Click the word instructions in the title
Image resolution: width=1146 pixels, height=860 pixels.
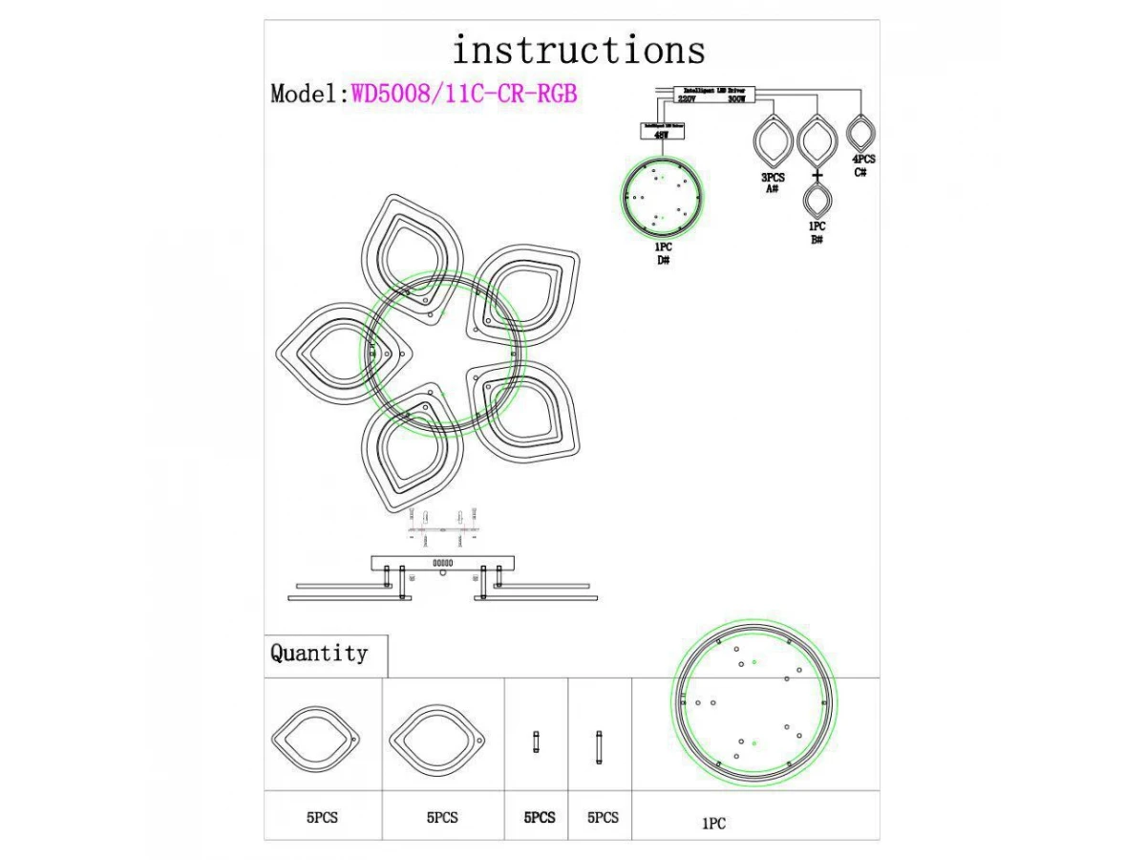coord(579,50)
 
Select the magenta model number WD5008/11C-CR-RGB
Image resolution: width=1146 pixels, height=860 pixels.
coord(464,94)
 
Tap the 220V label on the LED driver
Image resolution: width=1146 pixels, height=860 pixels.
coord(687,98)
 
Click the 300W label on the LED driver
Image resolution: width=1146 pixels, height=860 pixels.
coord(736,98)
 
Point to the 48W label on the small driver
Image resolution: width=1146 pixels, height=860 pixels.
coord(661,136)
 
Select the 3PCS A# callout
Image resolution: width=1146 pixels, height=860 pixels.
coord(773,183)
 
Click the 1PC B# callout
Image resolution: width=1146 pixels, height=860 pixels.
coord(817,233)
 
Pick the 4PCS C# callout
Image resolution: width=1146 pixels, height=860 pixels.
coord(862,164)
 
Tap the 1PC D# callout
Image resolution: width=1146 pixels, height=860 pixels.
coord(663,253)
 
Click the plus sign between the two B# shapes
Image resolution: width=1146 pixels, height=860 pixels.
coord(817,177)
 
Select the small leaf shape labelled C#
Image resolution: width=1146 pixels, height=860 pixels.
coord(862,133)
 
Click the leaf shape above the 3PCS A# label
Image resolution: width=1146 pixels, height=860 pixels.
coord(773,141)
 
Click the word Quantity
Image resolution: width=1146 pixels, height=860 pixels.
coord(319,654)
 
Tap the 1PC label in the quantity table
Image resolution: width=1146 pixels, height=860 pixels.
coord(713,823)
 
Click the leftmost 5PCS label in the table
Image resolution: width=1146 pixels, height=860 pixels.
coord(322,818)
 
